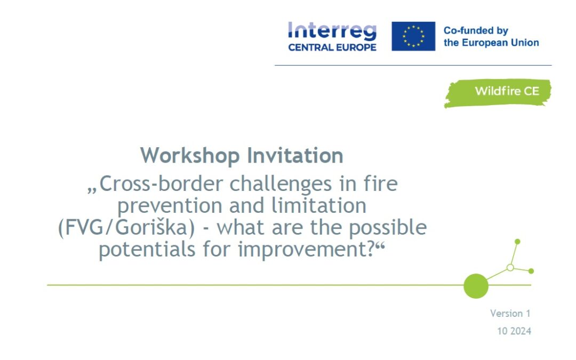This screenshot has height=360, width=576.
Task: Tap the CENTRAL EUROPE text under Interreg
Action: coord(332,47)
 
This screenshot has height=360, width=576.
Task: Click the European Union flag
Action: coord(413,36)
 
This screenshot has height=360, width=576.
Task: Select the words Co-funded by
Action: coord(476,30)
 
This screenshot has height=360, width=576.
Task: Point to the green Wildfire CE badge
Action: coord(498,92)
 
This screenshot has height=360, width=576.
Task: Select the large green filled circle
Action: coord(476,286)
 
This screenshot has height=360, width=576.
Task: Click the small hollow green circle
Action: coord(510,267)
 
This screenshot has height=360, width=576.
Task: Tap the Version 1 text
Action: coord(510,314)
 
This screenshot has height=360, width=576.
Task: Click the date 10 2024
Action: coord(514,331)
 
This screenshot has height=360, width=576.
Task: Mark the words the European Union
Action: coord(491,43)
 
